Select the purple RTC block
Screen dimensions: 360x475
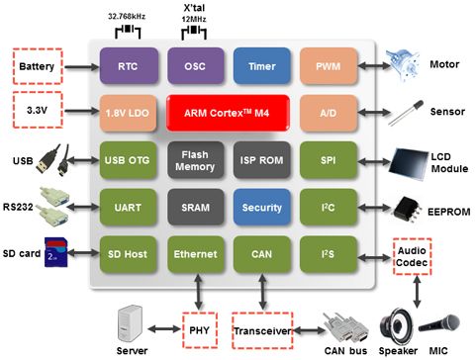(x=128, y=68)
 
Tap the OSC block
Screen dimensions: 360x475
(x=194, y=68)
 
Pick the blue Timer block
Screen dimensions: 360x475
(x=261, y=68)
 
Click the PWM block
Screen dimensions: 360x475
(x=330, y=68)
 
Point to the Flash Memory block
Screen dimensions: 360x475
(x=194, y=160)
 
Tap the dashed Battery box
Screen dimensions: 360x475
(x=40, y=68)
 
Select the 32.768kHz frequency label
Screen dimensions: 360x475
(x=128, y=17)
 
